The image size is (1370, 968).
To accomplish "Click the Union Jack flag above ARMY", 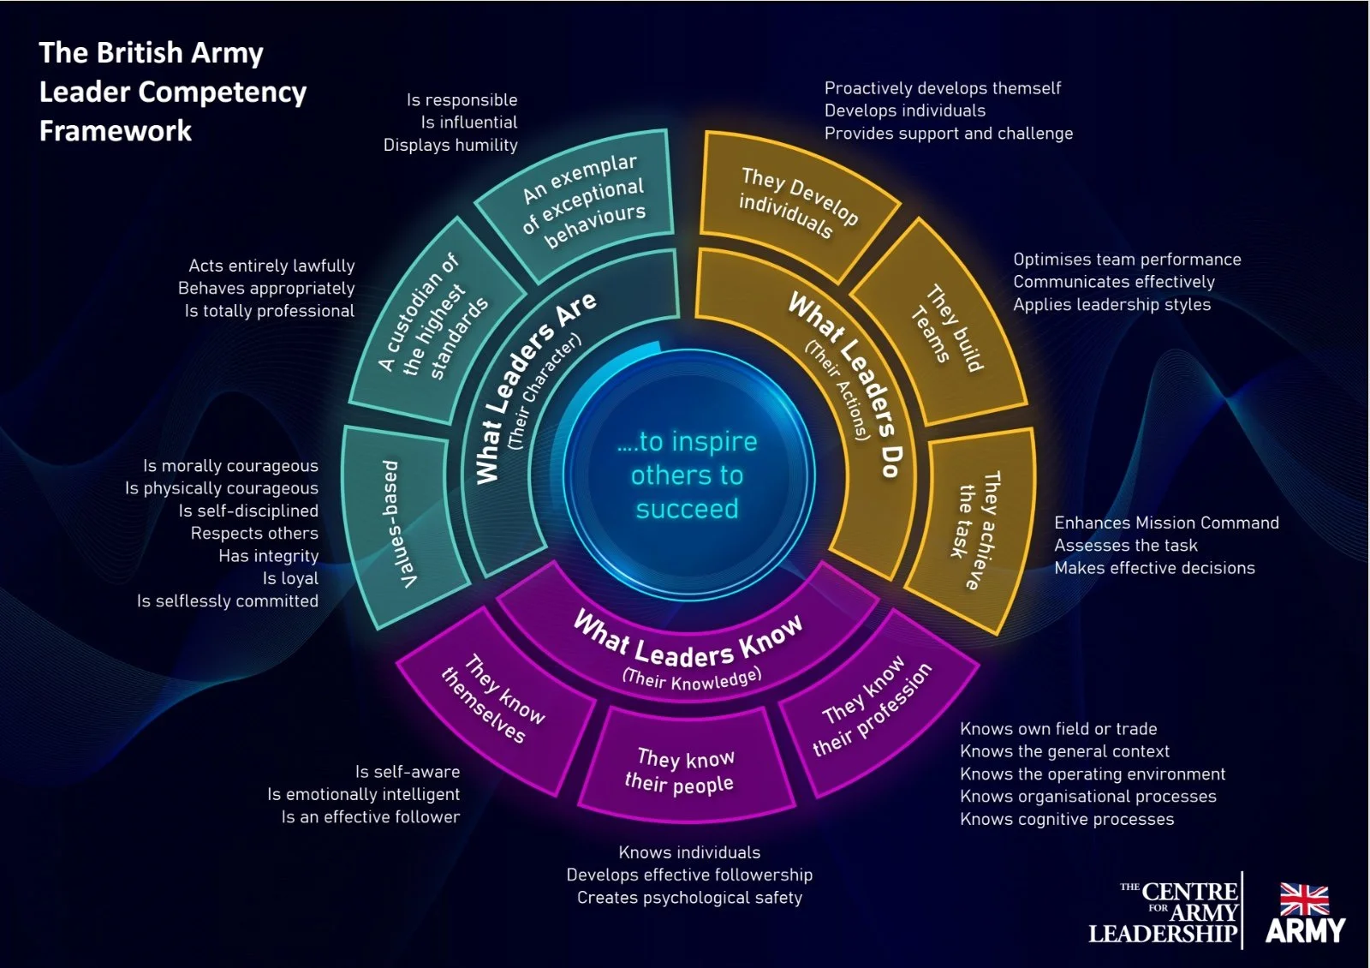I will click(x=1304, y=900).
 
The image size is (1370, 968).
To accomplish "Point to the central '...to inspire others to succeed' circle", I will click(x=687, y=475).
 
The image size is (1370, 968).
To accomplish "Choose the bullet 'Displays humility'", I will click(x=450, y=145).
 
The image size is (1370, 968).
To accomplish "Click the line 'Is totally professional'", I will click(x=269, y=311).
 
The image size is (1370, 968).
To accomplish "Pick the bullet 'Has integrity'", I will click(x=268, y=556).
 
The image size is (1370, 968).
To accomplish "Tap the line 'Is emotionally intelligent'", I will click(x=363, y=794).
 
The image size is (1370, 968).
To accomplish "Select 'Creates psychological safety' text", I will click(x=689, y=898).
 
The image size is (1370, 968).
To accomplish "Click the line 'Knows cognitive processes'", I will click(x=1067, y=819).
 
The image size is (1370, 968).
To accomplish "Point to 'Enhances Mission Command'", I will click(x=1166, y=523).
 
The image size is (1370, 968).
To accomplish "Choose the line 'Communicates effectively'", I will click(x=1114, y=282).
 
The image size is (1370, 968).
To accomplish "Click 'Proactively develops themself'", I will click(x=943, y=88).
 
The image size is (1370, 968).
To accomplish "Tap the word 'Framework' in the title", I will click(x=116, y=131).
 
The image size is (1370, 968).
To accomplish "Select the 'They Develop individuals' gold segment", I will click(x=796, y=203).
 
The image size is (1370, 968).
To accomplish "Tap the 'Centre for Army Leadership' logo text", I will click(x=1164, y=913).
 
